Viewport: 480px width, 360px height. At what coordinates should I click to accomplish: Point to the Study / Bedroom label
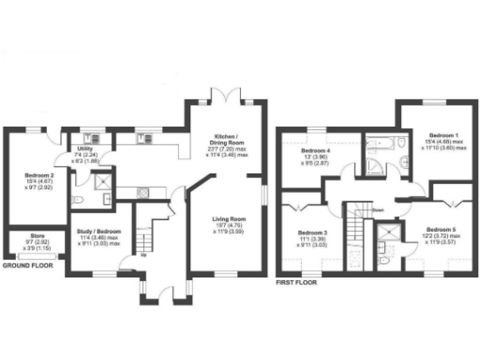pos(97,231)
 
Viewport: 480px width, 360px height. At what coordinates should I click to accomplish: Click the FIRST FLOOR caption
pos(298,281)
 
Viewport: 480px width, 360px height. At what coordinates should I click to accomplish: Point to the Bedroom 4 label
pos(316,151)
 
